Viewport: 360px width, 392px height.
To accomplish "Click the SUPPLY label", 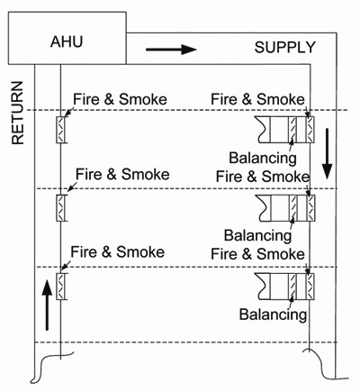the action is click(285, 48).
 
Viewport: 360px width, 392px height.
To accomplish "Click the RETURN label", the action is click(18, 113).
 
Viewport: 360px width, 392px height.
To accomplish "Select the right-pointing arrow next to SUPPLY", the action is click(171, 50).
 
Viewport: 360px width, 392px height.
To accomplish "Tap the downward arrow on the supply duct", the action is click(328, 154).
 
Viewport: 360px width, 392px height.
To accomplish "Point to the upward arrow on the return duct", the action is click(47, 305).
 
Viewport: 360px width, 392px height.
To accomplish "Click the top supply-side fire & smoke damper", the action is click(310, 130).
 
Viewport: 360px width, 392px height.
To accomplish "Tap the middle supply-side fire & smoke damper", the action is click(310, 208).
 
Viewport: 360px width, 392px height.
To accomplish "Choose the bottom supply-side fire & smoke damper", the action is click(310, 287).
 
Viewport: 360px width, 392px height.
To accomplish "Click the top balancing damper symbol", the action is click(292, 130).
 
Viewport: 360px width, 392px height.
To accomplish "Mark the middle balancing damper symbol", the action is click(293, 208).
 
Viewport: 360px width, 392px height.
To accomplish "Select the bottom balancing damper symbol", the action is click(292, 287).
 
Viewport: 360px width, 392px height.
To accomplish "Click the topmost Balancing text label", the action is click(263, 158).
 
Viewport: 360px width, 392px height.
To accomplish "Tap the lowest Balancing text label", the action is click(273, 315).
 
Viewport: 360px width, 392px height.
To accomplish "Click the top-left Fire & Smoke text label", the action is click(120, 99).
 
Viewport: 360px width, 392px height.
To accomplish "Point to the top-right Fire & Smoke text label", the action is click(257, 99).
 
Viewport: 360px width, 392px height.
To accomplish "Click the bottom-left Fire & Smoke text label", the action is click(118, 251).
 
